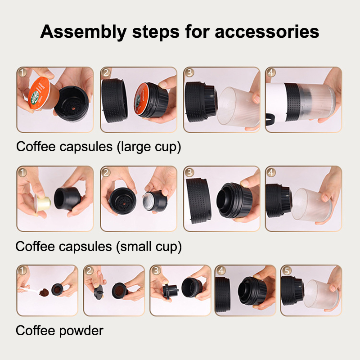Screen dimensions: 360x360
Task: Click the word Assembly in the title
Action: pyautogui.click(x=83, y=32)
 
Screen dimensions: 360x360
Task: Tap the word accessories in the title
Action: pyautogui.click(x=267, y=31)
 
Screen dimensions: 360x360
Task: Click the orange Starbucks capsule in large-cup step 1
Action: pyautogui.click(x=40, y=94)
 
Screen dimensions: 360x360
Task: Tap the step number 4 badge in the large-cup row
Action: pyautogui.click(x=271, y=72)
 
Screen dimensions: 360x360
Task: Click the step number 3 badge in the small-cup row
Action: pyautogui.click(x=189, y=172)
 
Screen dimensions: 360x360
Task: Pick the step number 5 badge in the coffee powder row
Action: pyautogui.click(x=287, y=270)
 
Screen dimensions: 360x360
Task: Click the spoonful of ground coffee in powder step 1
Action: pyautogui.click(x=44, y=292)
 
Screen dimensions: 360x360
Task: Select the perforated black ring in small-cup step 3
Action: pyautogui.click(x=198, y=201)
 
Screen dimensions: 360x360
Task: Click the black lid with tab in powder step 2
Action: pyautogui.click(x=99, y=292)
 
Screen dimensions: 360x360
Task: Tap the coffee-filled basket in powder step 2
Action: pyautogui.click(x=119, y=291)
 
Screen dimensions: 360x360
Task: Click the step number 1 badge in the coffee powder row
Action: pyautogui.click(x=22, y=270)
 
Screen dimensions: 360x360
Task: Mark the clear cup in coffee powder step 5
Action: pyautogui.click(x=321, y=294)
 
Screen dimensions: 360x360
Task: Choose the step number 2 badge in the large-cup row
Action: pyautogui.click(x=106, y=72)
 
